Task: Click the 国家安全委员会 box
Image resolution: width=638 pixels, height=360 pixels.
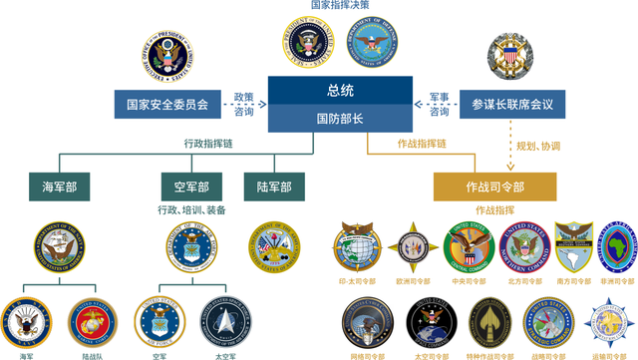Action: click(x=166, y=103)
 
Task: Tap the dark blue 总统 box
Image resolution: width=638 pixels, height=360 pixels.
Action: click(x=340, y=91)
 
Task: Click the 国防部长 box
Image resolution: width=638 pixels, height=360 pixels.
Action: click(x=340, y=118)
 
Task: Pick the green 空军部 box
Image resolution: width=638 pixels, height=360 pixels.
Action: click(x=191, y=186)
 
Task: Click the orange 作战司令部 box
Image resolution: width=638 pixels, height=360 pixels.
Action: click(x=494, y=186)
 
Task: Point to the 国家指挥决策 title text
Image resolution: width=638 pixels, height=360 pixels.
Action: click(x=339, y=6)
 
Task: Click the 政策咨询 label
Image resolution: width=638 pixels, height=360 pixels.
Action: click(x=243, y=104)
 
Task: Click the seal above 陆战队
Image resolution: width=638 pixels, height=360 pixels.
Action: click(x=92, y=322)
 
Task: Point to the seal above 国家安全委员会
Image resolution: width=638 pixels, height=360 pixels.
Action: click(x=166, y=59)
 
